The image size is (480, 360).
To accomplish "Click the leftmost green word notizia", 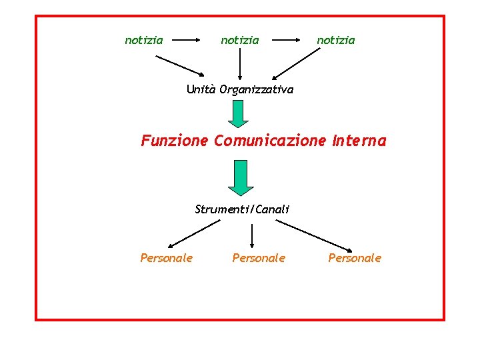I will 144,40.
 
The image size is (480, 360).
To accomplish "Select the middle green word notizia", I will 240,40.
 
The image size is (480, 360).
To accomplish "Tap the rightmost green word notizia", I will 336,40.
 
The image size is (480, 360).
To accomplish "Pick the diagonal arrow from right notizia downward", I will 296,65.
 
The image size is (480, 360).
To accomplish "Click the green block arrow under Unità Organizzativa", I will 238,113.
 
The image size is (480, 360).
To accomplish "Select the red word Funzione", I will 175,141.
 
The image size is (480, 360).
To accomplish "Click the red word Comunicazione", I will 269,141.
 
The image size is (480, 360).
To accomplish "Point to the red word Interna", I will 357,141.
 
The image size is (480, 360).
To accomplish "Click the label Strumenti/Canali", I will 242,209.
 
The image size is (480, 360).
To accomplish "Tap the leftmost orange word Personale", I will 167,258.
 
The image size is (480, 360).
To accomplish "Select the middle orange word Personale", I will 259,258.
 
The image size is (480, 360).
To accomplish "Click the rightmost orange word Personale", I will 355,258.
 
